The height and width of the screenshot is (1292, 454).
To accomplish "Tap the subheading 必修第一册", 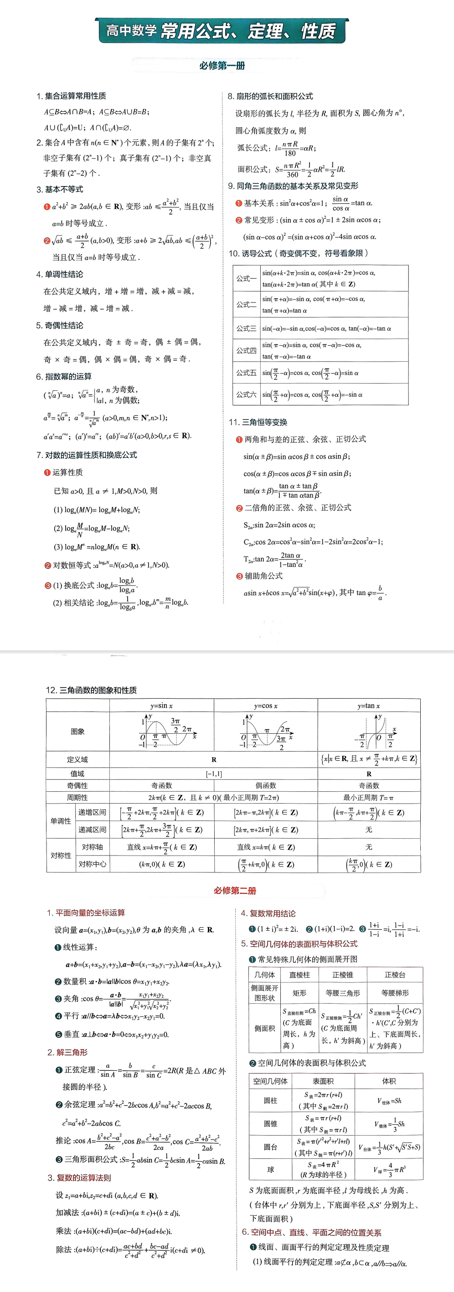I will [222, 66].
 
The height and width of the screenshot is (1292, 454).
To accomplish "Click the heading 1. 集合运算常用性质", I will [71, 96].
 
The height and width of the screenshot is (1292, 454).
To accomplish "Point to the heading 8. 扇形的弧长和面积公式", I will [271, 96].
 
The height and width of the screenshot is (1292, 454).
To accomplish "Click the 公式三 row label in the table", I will [246, 328].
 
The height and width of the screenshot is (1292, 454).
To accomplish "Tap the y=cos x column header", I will [266, 706].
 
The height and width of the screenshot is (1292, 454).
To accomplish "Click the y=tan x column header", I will [369, 706].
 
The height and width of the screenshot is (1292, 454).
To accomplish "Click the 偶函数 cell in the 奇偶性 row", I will [266, 785].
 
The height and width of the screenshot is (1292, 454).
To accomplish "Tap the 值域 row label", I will [77, 773].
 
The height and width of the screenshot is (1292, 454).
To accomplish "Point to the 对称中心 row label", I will [92, 864].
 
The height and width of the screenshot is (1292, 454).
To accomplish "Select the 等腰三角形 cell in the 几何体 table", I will [343, 992].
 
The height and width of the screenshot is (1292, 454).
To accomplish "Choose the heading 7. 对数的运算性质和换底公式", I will [86, 455].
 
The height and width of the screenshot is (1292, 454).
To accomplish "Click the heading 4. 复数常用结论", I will [268, 913].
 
